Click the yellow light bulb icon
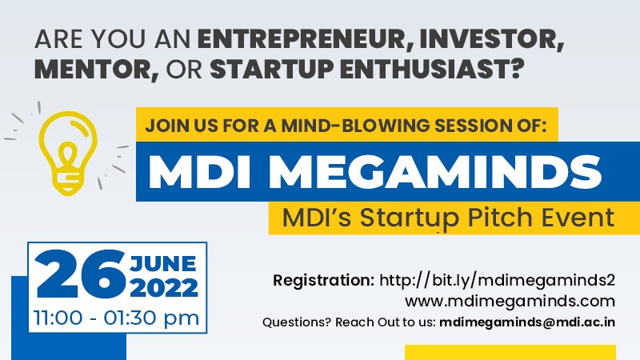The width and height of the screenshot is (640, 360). (68, 153)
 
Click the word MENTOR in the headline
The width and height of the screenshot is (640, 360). (96, 70)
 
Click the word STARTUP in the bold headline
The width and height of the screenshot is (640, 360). (272, 70)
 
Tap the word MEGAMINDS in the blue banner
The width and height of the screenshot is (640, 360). (435, 171)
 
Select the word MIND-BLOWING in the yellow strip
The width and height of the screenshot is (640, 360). (355, 126)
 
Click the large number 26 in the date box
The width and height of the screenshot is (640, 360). (81, 274)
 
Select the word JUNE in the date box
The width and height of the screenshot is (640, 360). (163, 264)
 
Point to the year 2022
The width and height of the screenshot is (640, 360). (164, 288)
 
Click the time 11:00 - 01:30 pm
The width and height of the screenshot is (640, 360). (116, 318)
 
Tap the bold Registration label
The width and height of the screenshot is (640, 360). (324, 281)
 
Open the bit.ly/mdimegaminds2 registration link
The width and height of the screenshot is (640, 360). (497, 281)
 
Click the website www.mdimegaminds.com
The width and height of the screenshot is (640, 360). (510, 302)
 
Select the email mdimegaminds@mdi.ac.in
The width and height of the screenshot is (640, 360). (527, 322)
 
